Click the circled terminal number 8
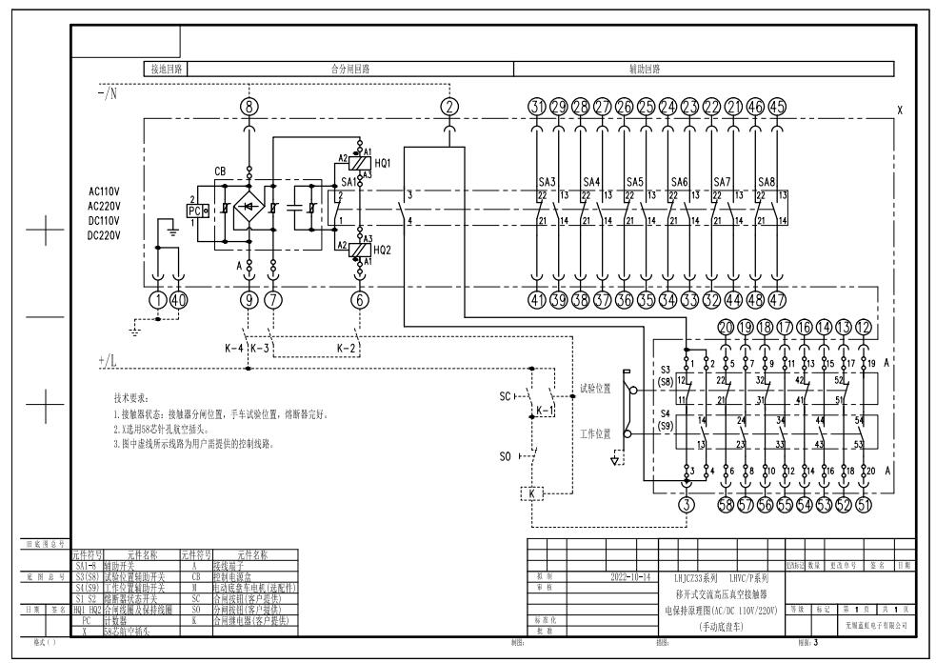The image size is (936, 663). tap(250, 107)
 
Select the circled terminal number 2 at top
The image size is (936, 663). tap(449, 107)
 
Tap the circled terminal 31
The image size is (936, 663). tap(538, 107)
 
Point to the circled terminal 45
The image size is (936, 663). tap(777, 107)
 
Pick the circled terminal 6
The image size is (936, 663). tap(360, 301)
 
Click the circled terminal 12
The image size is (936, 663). tap(864, 328)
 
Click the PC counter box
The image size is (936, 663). tap(195, 210)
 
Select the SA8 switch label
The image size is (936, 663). tap(767, 181)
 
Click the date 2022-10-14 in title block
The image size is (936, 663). tap(632, 577)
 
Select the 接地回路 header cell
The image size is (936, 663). tap(167, 69)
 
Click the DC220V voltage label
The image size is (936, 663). tap(104, 234)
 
